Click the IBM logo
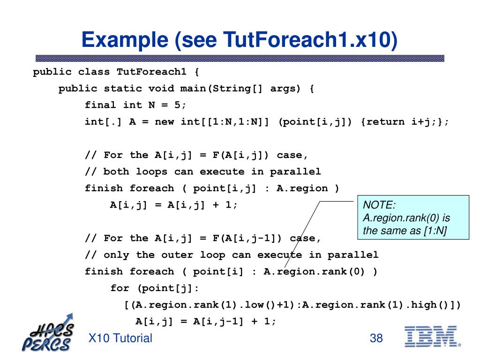[433, 337]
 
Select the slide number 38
[376, 338]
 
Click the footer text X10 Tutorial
[120, 338]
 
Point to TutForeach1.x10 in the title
[310, 40]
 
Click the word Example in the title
[125, 40]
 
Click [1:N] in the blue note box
[435, 231]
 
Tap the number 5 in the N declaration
[178, 105]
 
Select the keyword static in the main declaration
[123, 89]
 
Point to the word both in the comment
[116, 172]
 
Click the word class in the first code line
[94, 72]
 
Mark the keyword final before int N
[100, 105]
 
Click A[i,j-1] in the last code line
[218, 322]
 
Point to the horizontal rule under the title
[240, 58]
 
